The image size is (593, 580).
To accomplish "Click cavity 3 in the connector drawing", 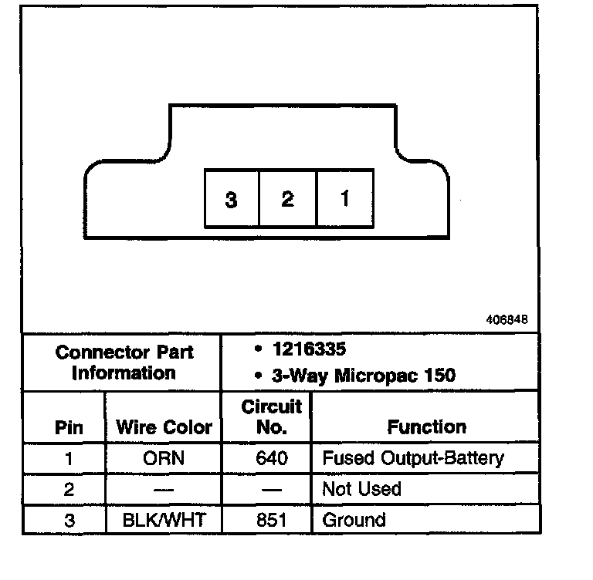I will click(x=231, y=199).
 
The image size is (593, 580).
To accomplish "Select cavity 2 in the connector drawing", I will click(x=287, y=199).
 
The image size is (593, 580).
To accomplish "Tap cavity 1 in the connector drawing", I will click(x=345, y=198).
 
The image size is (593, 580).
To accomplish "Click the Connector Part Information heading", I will click(x=124, y=362).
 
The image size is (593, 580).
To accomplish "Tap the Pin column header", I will click(x=69, y=427).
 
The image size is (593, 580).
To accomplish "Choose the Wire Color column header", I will click(x=164, y=427).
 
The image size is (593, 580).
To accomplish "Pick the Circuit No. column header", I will click(x=271, y=416).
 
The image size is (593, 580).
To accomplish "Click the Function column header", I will click(x=426, y=427).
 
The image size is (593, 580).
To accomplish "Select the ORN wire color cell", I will click(x=163, y=458).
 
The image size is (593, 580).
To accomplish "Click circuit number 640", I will click(x=272, y=458).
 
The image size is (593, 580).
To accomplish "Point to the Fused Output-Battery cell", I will click(x=412, y=458).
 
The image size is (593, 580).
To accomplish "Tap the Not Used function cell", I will click(x=361, y=489).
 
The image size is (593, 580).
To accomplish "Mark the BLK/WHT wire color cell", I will click(x=164, y=520).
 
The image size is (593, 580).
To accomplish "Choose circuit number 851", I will click(x=272, y=520).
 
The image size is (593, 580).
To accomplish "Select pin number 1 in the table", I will click(x=69, y=458).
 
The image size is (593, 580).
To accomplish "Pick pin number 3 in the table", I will click(x=69, y=520).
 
